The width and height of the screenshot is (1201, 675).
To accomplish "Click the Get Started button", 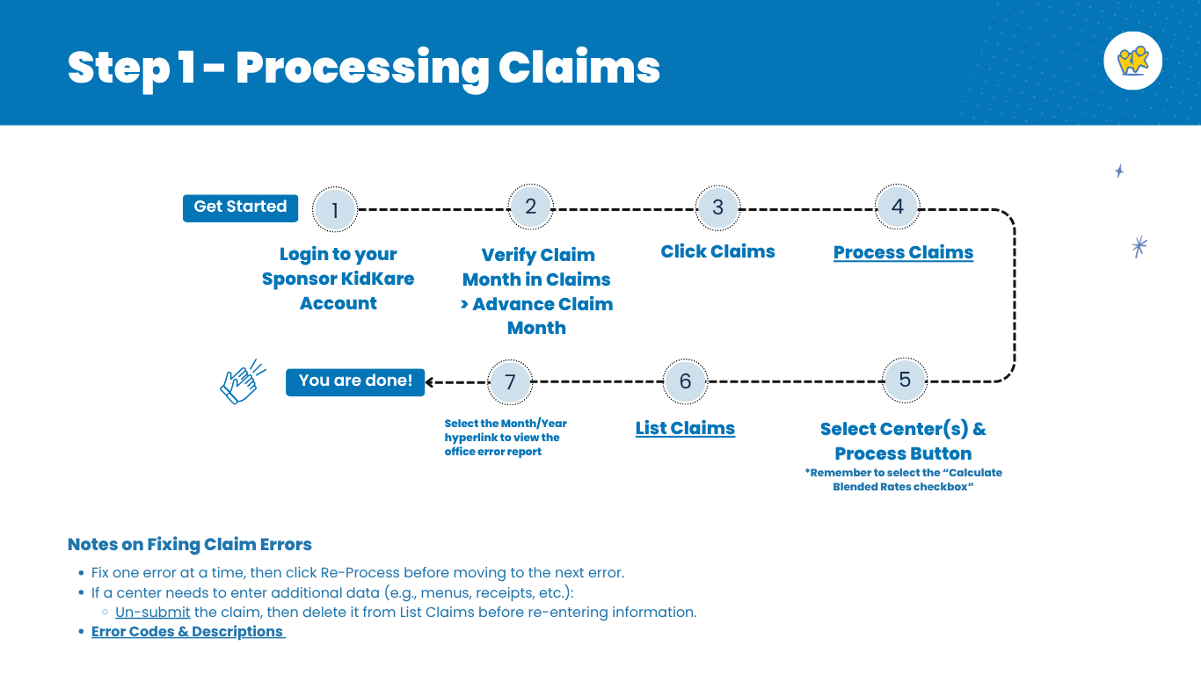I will [x=240, y=207].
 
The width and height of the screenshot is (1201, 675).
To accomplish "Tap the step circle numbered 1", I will [x=335, y=210].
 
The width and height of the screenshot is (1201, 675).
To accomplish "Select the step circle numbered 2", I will [x=530, y=207].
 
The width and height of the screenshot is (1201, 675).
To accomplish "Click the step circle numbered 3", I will [x=717, y=207].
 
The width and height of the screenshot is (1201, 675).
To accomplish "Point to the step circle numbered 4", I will [x=897, y=207].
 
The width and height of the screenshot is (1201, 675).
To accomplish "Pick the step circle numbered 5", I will [x=904, y=380].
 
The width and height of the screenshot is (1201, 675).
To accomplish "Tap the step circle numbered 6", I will [x=685, y=382].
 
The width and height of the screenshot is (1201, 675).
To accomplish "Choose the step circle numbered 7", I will [x=510, y=382].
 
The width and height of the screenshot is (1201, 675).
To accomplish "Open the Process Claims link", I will [x=903, y=253].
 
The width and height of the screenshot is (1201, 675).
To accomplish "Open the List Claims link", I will [x=685, y=429].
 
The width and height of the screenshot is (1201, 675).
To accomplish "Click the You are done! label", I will [x=355, y=381].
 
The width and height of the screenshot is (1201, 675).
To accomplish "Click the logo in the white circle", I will [x=1132, y=61].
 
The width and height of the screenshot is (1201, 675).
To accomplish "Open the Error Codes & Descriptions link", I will [x=187, y=632].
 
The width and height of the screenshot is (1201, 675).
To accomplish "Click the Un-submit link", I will [x=152, y=613].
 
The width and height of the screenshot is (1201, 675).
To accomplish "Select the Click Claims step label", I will [x=717, y=252].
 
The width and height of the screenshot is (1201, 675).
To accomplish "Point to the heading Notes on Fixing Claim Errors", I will [x=189, y=545].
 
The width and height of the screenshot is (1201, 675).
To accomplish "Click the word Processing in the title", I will [x=360, y=68].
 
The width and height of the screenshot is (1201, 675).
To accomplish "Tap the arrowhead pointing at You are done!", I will [x=431, y=382].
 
